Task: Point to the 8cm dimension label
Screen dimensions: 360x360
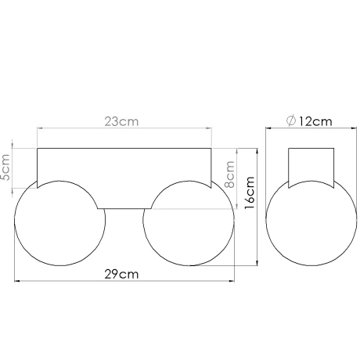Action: [230, 173]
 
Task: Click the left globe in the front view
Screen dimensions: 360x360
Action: [59, 223]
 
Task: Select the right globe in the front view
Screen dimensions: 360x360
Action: [188, 223]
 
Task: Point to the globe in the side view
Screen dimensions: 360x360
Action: [312, 227]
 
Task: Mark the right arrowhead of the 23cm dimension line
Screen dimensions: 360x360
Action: [209, 130]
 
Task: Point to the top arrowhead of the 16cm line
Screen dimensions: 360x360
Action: [257, 150]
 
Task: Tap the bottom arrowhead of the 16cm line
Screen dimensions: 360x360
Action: [257, 266]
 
